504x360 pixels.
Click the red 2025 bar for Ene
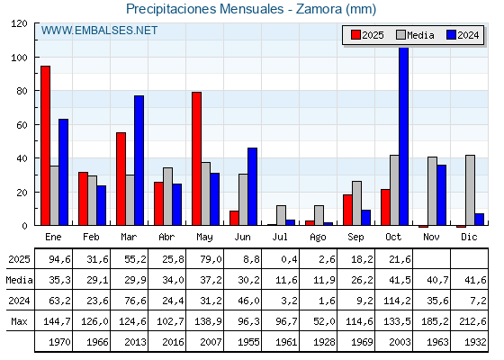(x=45, y=146)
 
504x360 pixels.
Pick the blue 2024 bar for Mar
(x=139, y=160)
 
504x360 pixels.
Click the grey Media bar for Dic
(x=470, y=190)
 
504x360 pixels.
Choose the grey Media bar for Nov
(x=432, y=191)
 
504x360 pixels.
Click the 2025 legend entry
(x=366, y=35)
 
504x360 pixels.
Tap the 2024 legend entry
(x=462, y=35)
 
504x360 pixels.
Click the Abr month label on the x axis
(x=167, y=237)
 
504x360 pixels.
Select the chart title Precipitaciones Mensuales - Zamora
(x=251, y=9)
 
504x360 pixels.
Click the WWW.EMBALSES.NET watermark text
(x=99, y=31)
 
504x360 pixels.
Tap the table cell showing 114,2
(x=394, y=301)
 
